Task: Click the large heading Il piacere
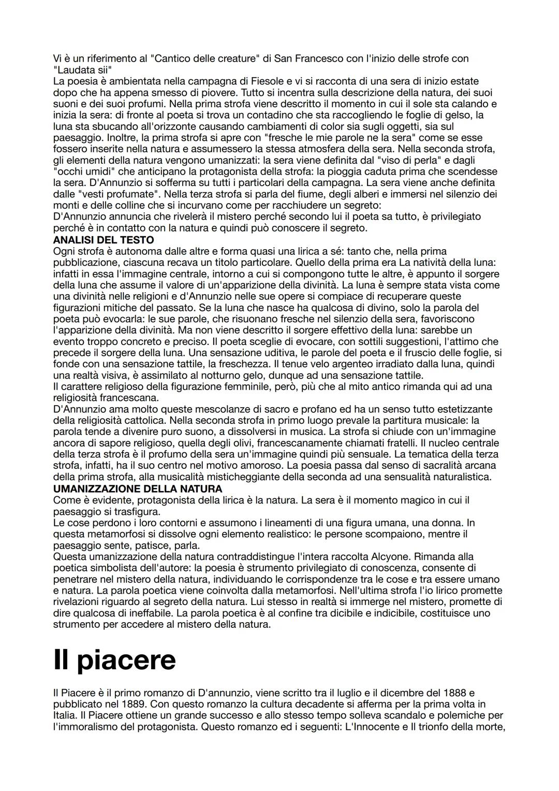[x=114, y=659]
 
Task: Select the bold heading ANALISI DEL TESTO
[x=104, y=240]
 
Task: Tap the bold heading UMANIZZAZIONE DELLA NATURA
[x=138, y=488]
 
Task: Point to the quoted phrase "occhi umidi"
[x=81, y=171]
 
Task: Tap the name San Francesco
[x=306, y=59]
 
